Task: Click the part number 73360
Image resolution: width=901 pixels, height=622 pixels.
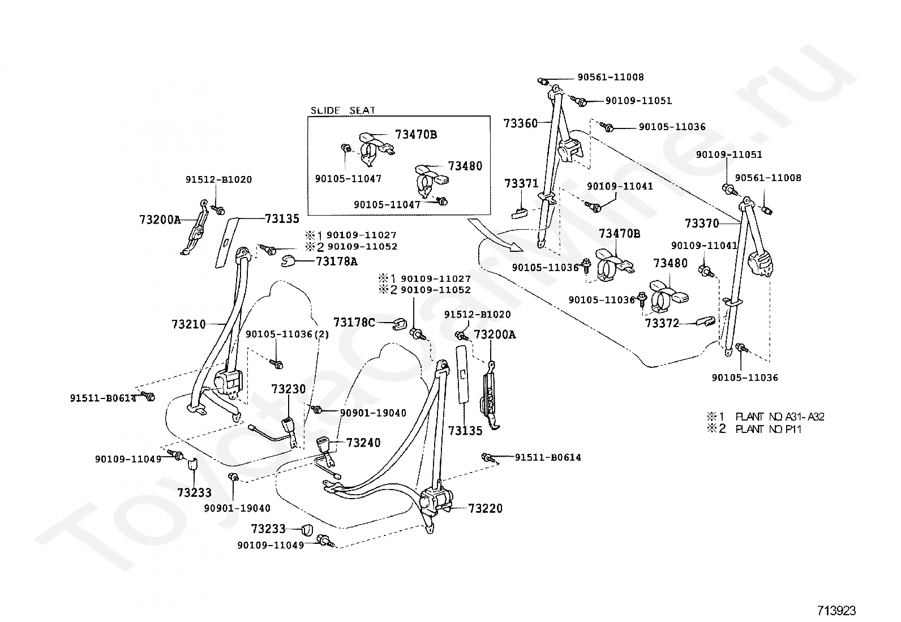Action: click(521, 123)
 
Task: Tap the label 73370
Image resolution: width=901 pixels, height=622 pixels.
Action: click(702, 223)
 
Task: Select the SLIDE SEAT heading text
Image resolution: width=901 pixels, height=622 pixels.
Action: click(343, 110)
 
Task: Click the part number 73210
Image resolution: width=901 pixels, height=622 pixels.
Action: click(188, 324)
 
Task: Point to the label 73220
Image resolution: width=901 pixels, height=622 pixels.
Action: click(486, 509)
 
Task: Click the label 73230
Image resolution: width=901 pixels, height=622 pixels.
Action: click(289, 389)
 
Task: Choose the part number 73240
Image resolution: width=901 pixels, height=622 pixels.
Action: click(363, 443)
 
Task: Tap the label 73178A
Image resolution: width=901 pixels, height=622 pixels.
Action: click(337, 261)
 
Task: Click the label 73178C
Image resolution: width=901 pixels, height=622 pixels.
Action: click(354, 323)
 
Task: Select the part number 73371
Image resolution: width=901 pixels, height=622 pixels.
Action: click(521, 183)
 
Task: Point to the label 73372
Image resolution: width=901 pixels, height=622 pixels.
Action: click(662, 323)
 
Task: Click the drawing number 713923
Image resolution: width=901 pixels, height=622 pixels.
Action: click(836, 610)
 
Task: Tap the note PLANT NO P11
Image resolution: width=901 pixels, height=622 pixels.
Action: click(768, 429)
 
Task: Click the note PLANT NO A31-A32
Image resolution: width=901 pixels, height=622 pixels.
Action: click(780, 417)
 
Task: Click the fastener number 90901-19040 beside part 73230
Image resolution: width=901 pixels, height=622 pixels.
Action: click(373, 413)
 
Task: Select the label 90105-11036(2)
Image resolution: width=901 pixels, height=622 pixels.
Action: click(287, 334)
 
